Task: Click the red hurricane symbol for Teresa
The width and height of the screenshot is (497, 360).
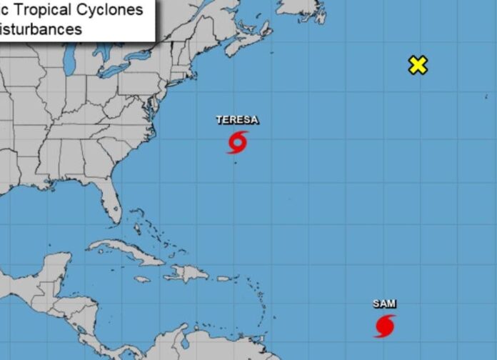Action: [238, 142]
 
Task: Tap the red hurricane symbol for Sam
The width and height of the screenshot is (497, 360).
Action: [385, 326]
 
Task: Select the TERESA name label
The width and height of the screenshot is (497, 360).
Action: [238, 120]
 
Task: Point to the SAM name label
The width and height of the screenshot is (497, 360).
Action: [384, 304]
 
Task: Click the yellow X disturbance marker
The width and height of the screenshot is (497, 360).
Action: [418, 65]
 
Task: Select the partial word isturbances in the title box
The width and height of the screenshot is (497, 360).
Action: [41, 29]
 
